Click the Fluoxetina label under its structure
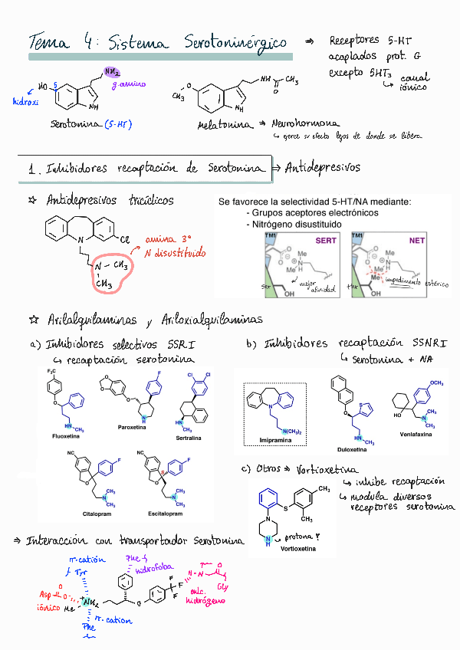click(66, 436)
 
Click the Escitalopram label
click(166, 512)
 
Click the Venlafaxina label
click(416, 433)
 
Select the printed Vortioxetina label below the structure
click(297, 549)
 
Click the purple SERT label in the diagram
click(326, 240)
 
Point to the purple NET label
click(416, 240)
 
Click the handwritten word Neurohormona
click(306, 122)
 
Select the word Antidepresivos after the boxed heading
click(322, 167)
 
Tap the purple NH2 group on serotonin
click(112, 73)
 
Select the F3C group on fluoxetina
click(51, 373)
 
